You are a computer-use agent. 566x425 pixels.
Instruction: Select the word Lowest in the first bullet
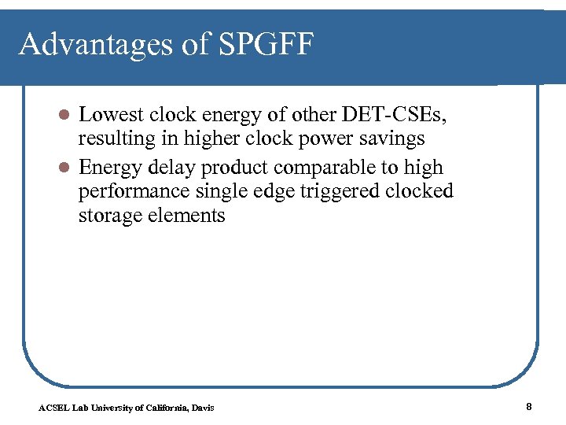click(111, 115)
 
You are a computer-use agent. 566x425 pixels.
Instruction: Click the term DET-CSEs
click(402, 115)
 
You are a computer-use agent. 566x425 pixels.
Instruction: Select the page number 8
click(529, 407)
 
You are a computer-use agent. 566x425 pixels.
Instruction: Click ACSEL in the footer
click(53, 408)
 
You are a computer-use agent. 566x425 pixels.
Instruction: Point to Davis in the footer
click(203, 408)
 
